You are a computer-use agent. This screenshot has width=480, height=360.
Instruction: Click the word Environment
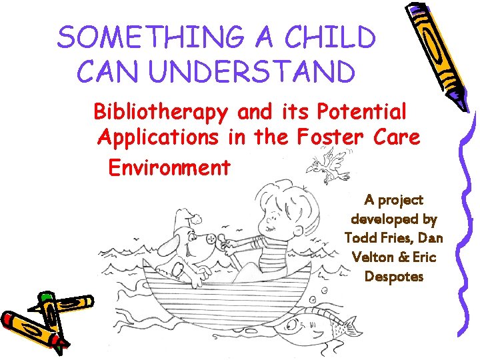click(x=169, y=167)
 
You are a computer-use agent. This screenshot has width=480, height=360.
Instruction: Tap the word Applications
click(x=157, y=138)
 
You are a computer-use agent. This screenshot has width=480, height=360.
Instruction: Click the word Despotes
click(x=394, y=276)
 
